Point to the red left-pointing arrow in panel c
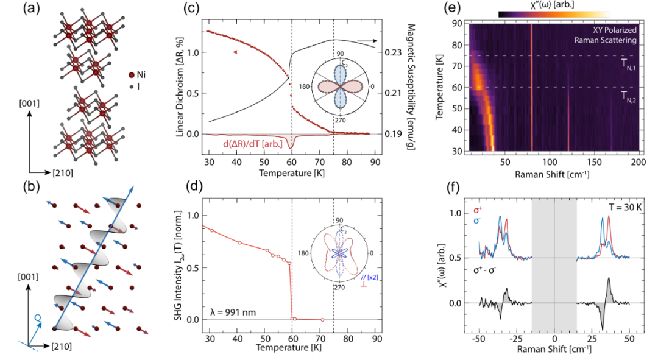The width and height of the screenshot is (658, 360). pos(242,52)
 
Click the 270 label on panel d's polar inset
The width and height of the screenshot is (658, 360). pos(339,286)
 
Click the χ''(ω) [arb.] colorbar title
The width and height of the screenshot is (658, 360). pos(553,5)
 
